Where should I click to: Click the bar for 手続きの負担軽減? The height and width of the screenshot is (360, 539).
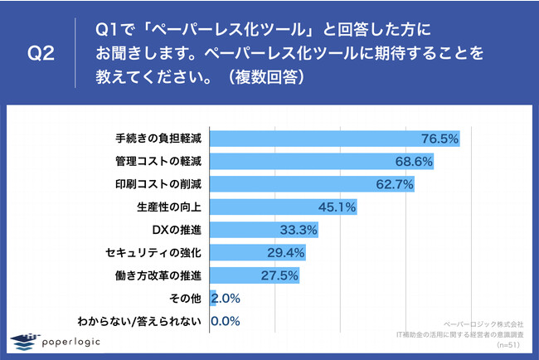[x=335, y=139]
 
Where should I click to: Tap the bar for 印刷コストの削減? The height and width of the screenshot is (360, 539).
[x=313, y=183]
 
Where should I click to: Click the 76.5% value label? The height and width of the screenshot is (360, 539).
[x=439, y=139]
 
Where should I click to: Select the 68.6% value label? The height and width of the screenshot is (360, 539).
[x=414, y=161]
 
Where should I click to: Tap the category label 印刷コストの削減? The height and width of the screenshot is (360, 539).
[x=158, y=183]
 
